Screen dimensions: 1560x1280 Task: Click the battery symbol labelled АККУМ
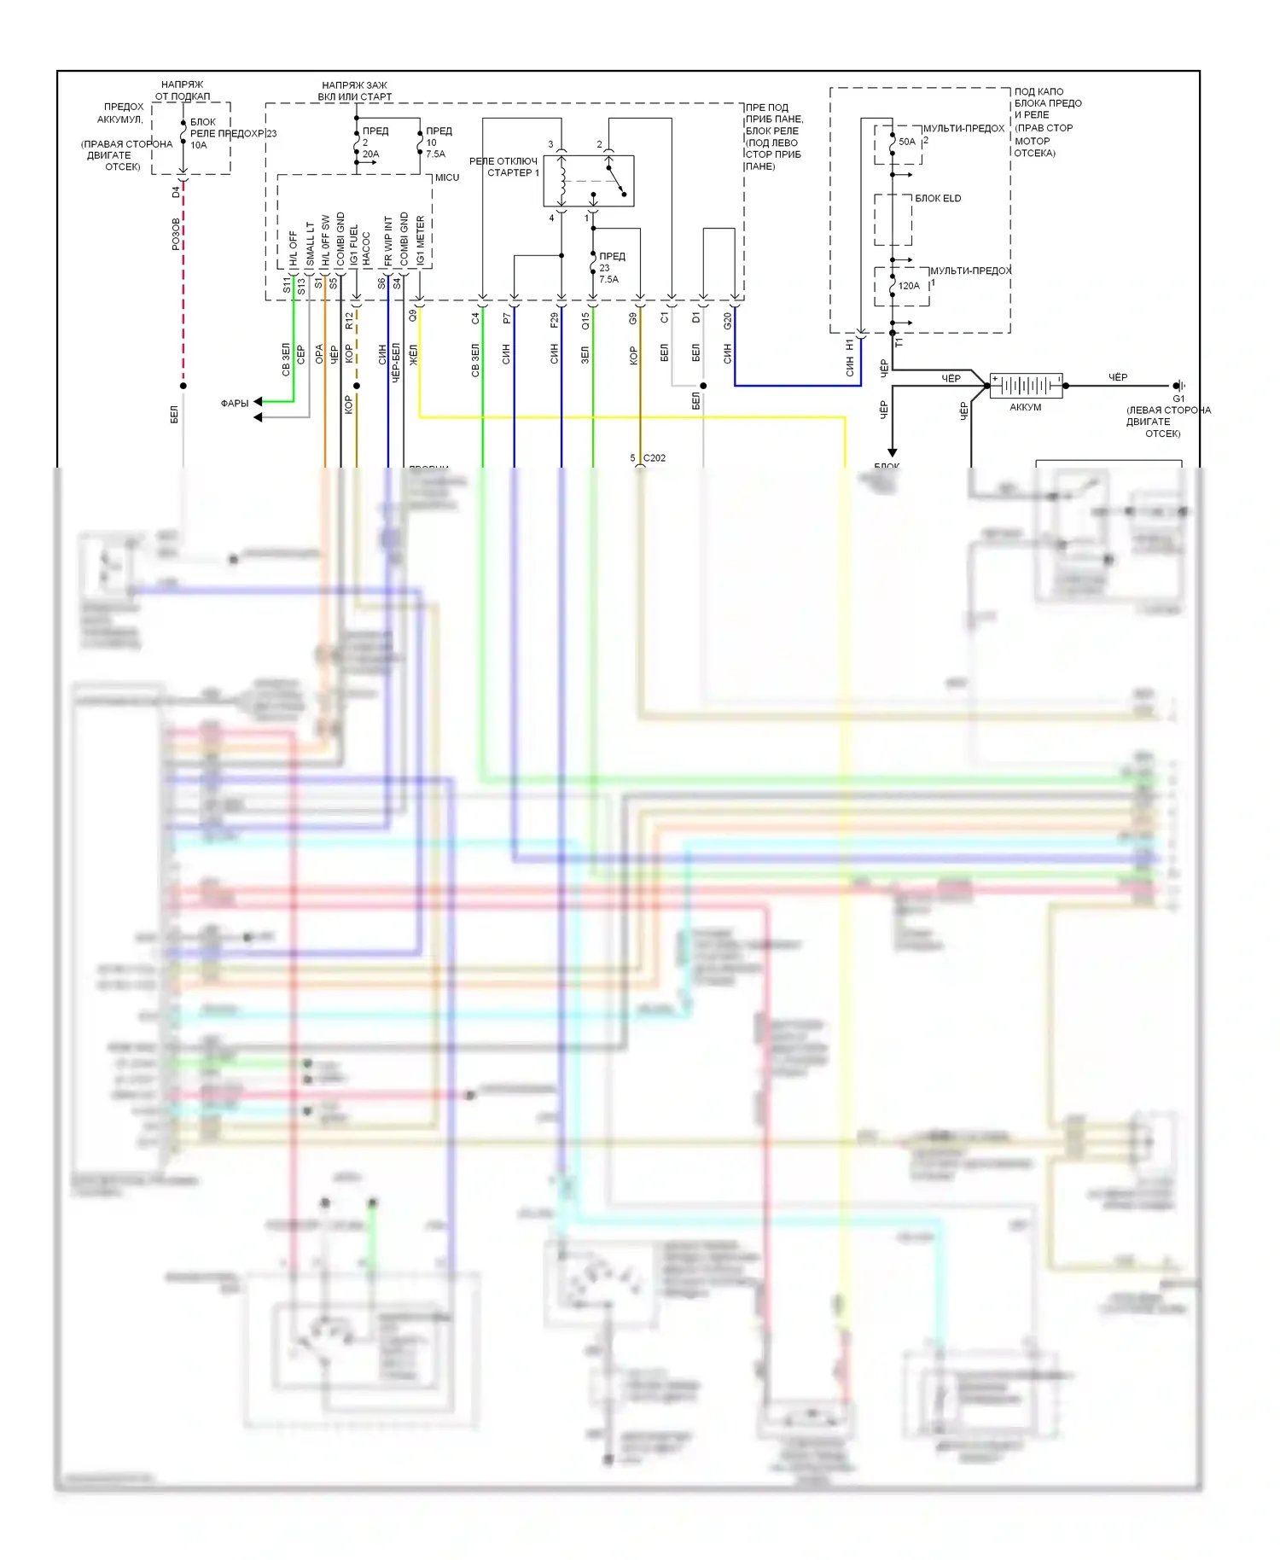1026,386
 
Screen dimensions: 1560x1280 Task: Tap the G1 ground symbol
1178,386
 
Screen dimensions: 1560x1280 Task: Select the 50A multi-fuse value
907,142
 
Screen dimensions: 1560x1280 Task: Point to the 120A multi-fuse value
909,286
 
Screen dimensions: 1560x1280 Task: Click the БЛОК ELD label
938,198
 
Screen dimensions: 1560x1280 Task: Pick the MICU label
447,178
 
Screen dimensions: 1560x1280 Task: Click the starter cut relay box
589,180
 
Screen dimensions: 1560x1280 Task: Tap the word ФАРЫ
235,403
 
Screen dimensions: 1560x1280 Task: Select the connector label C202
655,458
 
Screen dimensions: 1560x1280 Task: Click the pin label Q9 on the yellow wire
413,315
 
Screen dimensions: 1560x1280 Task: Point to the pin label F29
555,320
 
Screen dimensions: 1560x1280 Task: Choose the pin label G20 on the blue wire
728,320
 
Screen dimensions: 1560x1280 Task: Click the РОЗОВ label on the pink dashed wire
177,234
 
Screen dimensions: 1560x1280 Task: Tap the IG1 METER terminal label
421,240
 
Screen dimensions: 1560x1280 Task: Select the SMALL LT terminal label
311,242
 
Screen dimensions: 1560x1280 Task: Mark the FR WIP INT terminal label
388,240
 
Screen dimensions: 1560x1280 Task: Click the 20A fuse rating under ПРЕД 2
370,154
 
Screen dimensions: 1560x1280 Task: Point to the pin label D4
177,192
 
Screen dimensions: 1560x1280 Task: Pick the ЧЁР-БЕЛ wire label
395,362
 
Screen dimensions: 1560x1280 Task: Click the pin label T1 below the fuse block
899,341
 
